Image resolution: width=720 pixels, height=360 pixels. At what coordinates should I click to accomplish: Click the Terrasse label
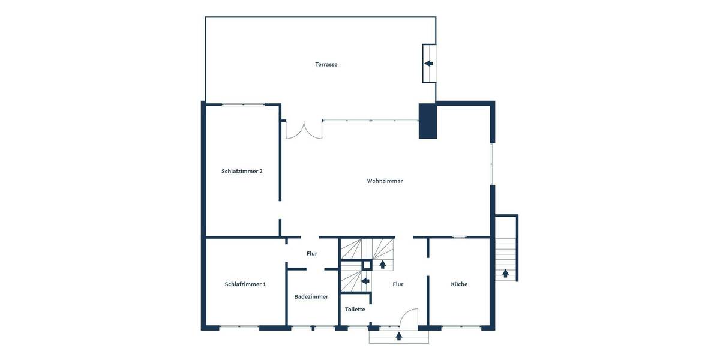tap(326, 64)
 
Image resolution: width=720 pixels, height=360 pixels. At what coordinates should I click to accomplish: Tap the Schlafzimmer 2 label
tap(242, 171)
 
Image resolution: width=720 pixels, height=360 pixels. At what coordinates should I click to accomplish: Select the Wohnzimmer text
tap(385, 181)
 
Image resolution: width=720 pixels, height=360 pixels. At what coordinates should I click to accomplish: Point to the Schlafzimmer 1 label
tap(245, 284)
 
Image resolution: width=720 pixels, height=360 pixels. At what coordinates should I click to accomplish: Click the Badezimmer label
tap(311, 296)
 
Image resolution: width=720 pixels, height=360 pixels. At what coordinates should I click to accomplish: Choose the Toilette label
tap(355, 309)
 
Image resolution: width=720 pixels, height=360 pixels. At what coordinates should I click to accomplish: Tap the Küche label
tap(459, 284)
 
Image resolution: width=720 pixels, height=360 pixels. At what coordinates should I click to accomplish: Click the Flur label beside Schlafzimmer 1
tap(312, 253)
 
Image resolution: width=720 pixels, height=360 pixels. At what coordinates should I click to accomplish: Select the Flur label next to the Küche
tap(398, 284)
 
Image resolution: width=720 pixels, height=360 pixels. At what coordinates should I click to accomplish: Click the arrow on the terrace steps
tap(428, 63)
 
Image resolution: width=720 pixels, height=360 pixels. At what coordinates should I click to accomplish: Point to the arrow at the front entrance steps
tap(399, 336)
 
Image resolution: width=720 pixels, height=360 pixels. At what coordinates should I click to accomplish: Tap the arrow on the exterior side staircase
tap(506, 273)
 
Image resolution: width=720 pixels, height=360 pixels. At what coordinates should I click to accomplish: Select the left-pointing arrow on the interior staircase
tap(365, 280)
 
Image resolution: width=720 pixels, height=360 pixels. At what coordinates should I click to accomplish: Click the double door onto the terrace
tap(304, 130)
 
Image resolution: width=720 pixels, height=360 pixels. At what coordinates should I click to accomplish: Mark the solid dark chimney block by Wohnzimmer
tap(428, 121)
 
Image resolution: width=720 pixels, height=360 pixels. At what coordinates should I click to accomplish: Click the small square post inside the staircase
tap(366, 264)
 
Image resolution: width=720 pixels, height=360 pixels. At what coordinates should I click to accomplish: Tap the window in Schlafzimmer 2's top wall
tap(243, 105)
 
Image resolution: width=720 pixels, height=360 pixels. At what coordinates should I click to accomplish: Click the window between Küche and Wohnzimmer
tap(460, 237)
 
